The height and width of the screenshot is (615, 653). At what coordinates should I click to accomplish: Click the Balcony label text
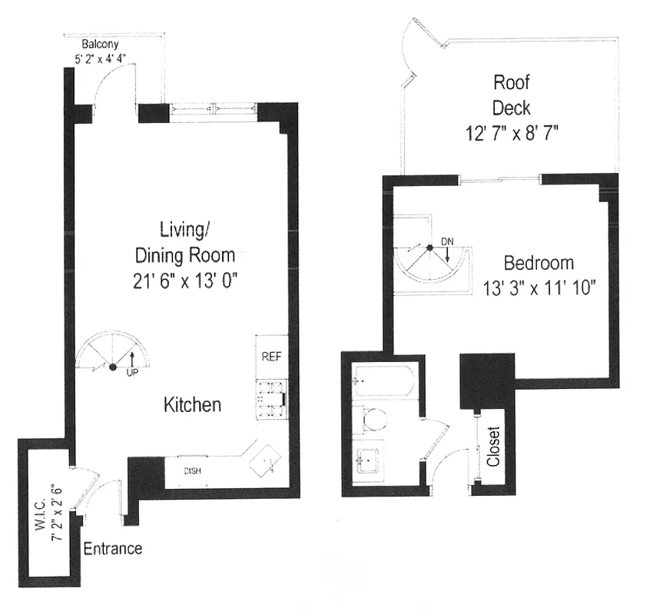[x=100, y=45]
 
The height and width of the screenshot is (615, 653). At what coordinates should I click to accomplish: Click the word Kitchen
[x=192, y=404]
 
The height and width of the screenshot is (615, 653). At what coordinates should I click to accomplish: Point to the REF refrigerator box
[x=271, y=357]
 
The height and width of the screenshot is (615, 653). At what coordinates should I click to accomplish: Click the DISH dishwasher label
[x=192, y=471]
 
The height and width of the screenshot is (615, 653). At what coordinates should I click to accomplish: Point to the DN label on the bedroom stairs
[x=447, y=242]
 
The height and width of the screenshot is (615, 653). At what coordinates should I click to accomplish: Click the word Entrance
[x=112, y=549]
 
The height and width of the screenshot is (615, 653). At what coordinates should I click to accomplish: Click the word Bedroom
[x=539, y=263]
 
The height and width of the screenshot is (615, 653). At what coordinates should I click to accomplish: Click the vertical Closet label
[x=493, y=447]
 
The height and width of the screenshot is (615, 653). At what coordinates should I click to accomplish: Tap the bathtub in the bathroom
[x=384, y=381]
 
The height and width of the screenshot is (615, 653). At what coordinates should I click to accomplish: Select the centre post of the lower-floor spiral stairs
[x=112, y=367]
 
